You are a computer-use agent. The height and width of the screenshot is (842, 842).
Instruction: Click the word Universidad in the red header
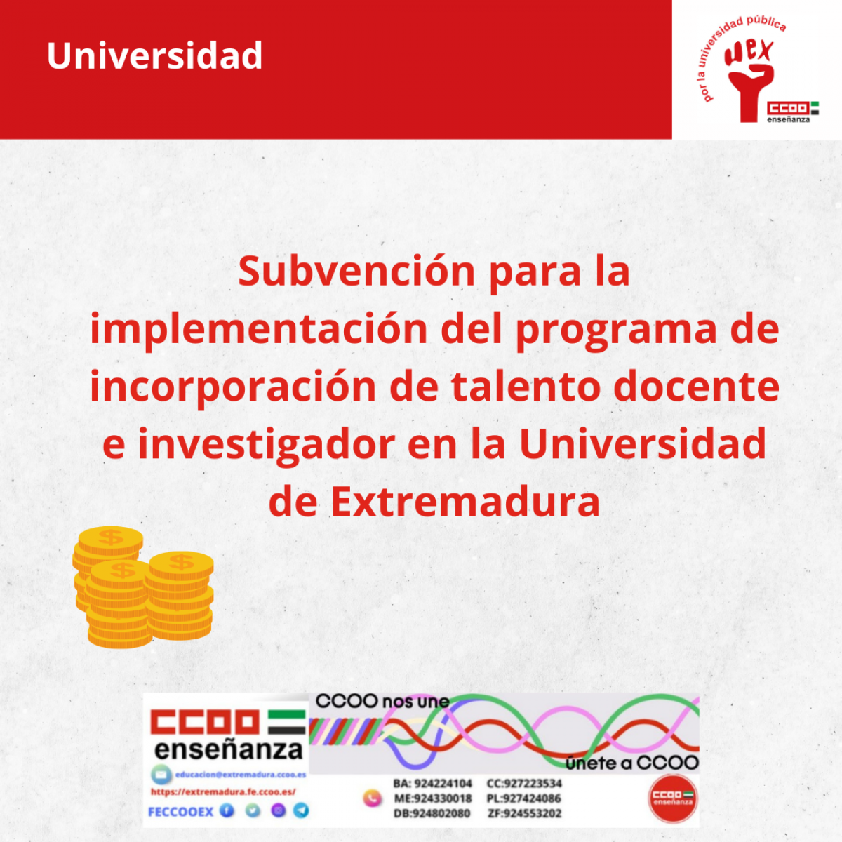154,56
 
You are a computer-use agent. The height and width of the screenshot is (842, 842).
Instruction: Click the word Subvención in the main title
357,272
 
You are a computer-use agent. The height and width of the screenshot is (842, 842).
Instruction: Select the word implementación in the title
259,330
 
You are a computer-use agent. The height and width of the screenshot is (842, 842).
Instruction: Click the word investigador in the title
266,445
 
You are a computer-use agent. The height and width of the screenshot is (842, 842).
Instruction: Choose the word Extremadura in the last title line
465,502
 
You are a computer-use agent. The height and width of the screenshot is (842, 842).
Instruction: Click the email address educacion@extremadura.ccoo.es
240,775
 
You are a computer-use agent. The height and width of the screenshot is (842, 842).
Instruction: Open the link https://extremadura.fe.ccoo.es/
223,792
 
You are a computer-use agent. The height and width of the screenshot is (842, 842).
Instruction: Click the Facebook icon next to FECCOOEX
227,811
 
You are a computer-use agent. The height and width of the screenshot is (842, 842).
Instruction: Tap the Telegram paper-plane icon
302,811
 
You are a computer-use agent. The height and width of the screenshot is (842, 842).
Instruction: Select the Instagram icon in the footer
278,811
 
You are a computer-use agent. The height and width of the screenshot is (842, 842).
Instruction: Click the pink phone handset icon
371,798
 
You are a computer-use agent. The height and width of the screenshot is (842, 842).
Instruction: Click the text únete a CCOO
631,763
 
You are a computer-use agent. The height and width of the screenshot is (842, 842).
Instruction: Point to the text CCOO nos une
382,701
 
